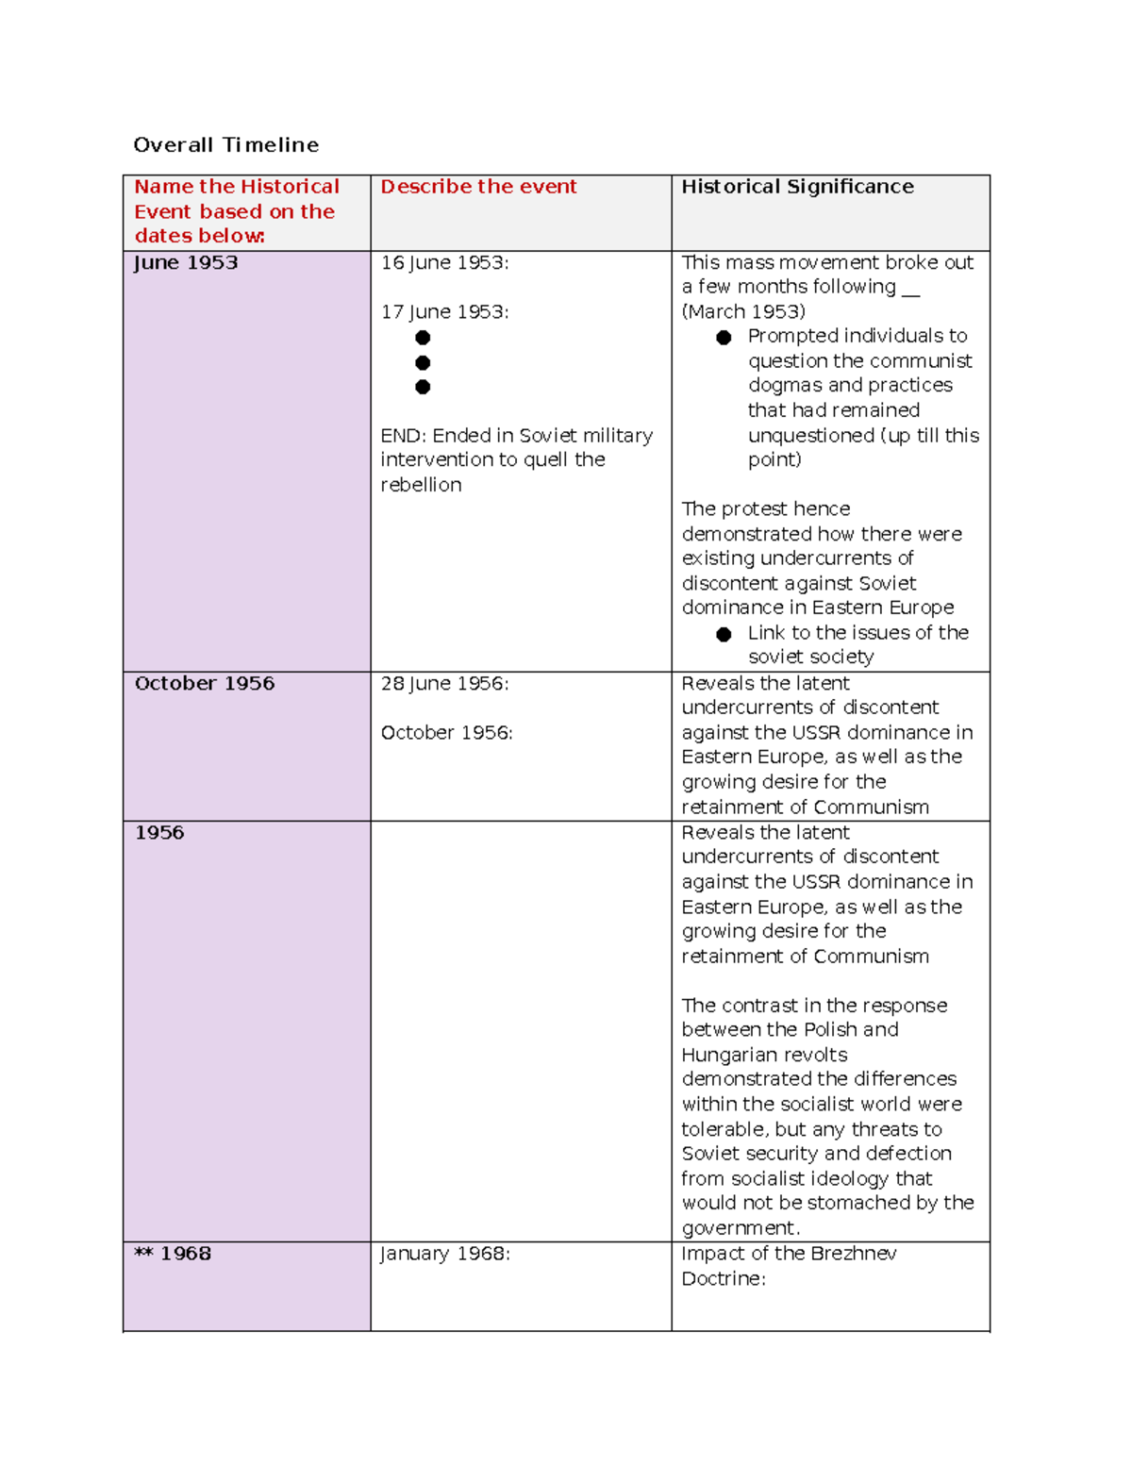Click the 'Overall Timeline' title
(x=225, y=144)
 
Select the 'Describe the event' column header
(x=478, y=187)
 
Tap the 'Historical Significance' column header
(x=797, y=187)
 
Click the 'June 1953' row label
(x=186, y=263)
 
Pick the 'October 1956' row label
(x=205, y=684)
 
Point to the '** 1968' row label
(x=173, y=1254)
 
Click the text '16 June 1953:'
(x=444, y=263)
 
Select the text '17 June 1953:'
(x=444, y=312)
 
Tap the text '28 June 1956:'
(x=444, y=684)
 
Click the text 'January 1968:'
(x=444, y=1254)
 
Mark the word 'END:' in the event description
(x=404, y=436)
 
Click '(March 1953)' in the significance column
(x=743, y=312)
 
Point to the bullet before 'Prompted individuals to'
(x=724, y=338)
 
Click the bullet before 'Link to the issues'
(x=724, y=634)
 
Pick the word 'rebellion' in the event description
(x=421, y=485)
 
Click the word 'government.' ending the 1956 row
(x=741, y=1228)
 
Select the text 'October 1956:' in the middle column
(x=446, y=733)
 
